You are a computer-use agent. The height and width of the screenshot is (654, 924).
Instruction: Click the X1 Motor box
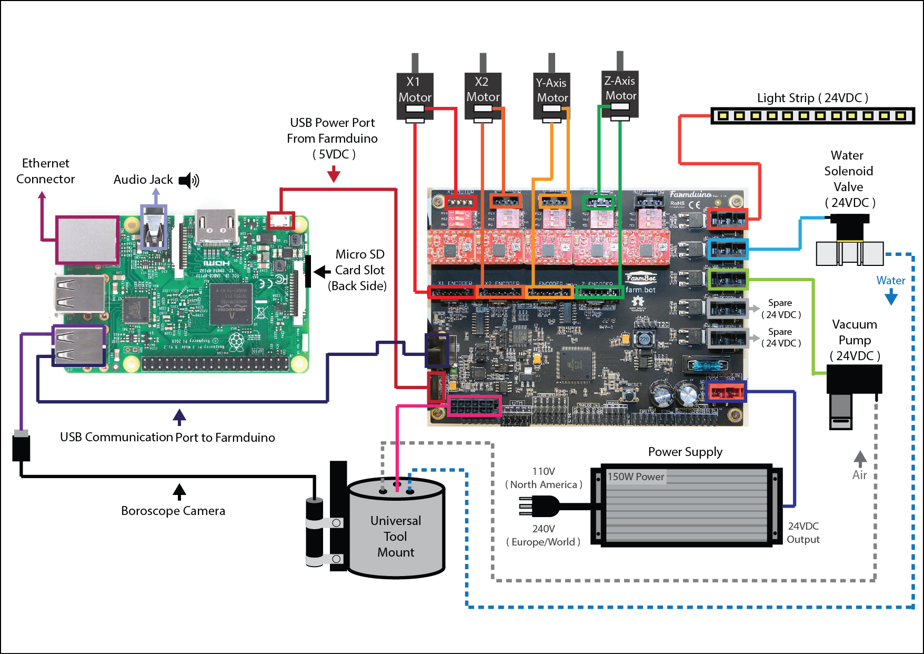415,90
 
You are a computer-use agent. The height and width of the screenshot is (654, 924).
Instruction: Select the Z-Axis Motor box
620,88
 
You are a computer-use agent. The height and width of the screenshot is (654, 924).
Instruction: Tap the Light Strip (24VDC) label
812,98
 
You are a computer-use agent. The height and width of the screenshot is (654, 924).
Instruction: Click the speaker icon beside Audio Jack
189,181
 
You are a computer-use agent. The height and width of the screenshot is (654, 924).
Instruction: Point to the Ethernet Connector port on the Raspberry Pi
87,240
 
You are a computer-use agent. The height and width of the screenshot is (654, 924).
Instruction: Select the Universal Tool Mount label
396,536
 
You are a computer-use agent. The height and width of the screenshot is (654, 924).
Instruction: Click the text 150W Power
636,477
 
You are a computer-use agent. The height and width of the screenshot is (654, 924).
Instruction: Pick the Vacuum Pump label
855,340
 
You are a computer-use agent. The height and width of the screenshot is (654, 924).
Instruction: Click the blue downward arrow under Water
891,298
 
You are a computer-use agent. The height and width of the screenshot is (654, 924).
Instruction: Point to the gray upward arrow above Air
860,458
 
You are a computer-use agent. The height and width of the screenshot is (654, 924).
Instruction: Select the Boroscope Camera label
173,511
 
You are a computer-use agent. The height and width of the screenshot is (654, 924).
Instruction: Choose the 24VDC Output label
803,532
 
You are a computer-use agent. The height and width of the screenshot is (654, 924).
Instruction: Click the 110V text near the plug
544,471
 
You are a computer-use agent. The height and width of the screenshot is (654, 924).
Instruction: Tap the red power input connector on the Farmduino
726,392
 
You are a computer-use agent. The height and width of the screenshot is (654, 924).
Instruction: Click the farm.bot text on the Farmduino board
640,290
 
